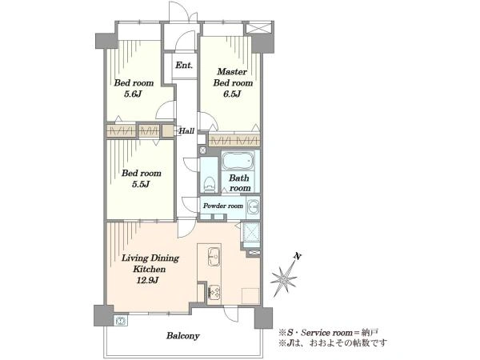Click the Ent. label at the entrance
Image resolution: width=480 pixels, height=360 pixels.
[184, 66]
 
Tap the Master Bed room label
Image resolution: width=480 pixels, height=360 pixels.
[233, 77]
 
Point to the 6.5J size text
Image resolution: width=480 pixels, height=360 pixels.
[232, 94]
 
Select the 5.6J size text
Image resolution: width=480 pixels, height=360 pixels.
[133, 94]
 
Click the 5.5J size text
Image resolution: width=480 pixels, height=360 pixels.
[141, 184]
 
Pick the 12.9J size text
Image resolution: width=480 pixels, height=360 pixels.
[147, 280]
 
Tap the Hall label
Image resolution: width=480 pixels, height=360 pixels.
[186, 131]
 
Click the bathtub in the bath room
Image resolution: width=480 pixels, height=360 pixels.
[238, 161]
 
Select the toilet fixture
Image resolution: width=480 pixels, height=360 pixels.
[210, 184]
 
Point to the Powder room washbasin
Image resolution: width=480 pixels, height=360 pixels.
[253, 206]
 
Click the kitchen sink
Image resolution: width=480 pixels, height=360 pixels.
[214, 257]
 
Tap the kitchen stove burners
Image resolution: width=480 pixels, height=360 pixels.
[214, 292]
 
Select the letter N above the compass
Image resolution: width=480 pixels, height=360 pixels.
[296, 257]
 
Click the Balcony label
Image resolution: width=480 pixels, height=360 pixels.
[182, 336]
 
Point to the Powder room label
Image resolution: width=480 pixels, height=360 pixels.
[223, 206]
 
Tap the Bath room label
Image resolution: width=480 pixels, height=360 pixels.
[239, 182]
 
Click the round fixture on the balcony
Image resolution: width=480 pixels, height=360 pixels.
[121, 321]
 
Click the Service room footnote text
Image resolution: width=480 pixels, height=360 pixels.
[329, 333]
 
